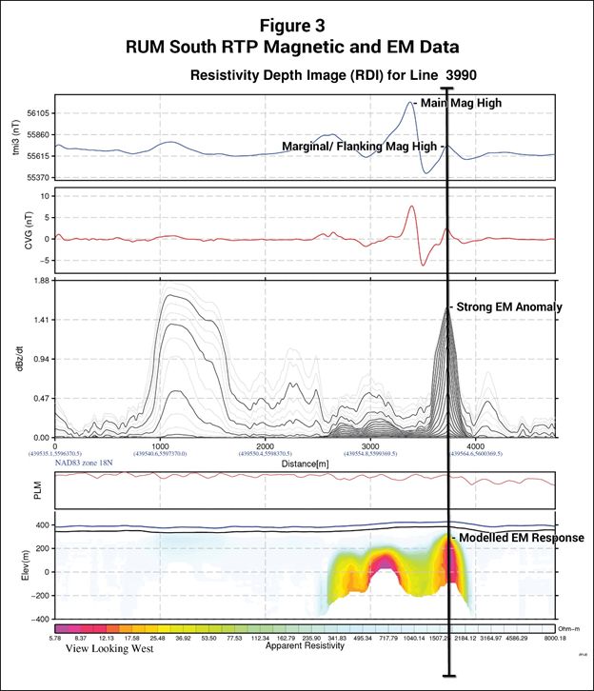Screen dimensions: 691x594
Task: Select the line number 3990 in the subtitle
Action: pos(468,75)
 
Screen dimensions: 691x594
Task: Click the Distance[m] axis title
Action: pos(304,462)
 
